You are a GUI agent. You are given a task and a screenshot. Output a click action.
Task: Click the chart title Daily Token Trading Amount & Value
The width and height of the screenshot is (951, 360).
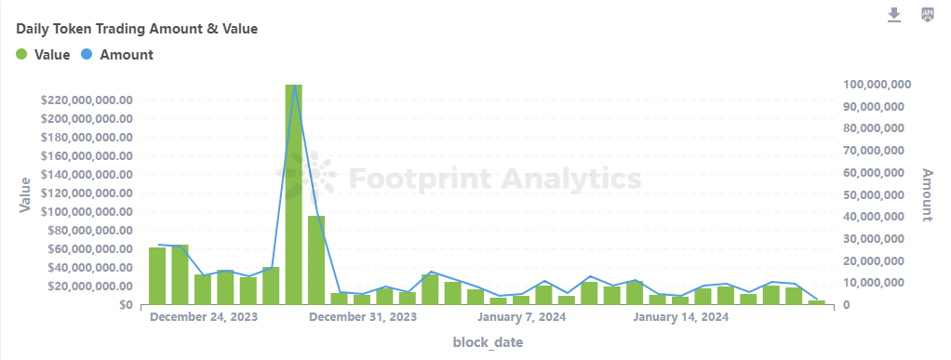tap(137, 29)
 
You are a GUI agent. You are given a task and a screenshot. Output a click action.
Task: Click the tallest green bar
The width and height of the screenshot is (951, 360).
tap(294, 195)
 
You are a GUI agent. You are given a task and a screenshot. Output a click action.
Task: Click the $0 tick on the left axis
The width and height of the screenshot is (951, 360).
tap(123, 304)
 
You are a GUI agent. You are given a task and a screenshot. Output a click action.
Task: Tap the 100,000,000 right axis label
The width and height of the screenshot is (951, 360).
tap(877, 85)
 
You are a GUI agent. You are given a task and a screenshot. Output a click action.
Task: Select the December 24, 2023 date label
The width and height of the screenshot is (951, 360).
tap(204, 318)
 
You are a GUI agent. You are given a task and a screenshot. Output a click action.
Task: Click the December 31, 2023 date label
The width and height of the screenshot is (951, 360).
tap(363, 318)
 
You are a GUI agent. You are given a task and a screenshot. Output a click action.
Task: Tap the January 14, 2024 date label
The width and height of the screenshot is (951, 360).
tap(680, 318)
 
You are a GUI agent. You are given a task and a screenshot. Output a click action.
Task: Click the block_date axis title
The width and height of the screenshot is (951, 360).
tap(488, 343)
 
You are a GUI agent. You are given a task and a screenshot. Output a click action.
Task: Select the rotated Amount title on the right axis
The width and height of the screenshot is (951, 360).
tap(927, 194)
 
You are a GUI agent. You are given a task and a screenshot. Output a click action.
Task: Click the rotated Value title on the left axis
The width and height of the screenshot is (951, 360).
tap(25, 195)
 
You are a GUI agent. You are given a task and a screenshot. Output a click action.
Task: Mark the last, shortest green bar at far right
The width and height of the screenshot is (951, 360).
tap(816, 302)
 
